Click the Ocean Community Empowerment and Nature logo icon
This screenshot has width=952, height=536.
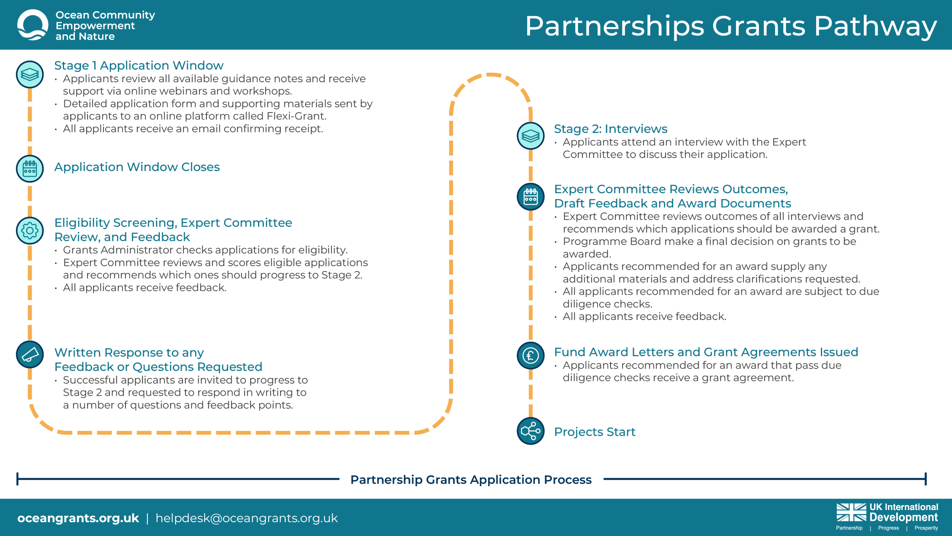point(32,25)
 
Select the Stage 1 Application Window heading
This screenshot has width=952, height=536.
point(138,65)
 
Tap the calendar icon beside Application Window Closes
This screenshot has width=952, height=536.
point(30,168)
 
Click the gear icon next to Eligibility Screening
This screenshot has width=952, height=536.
point(30,230)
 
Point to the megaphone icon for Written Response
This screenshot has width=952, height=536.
point(30,355)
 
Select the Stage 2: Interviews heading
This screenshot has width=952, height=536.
point(610,129)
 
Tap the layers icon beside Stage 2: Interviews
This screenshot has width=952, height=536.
point(531,136)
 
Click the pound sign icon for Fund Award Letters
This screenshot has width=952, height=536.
point(531,355)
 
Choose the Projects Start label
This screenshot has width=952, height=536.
point(595,432)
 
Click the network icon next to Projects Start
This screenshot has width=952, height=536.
point(531,431)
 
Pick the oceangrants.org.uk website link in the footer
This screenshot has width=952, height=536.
point(78,518)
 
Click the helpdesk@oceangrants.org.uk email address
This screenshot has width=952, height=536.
point(246,518)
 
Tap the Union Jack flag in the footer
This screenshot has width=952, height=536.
point(851,512)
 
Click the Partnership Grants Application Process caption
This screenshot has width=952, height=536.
point(471,480)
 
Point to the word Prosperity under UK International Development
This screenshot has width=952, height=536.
point(926,528)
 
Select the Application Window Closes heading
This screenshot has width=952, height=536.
point(137,167)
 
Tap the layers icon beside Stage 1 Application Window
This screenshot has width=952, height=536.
point(30,74)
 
